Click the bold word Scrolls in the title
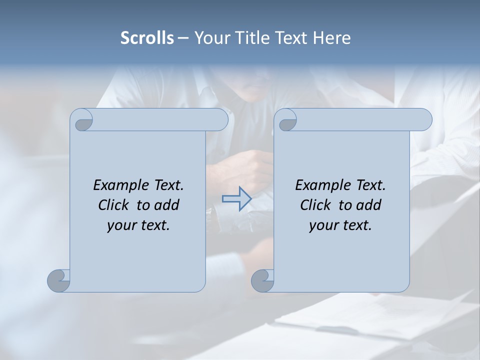147,38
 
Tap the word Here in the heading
331,38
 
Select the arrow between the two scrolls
236,199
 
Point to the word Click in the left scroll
115,205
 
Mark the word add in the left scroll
167,205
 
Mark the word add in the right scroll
369,205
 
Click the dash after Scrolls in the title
183,38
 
